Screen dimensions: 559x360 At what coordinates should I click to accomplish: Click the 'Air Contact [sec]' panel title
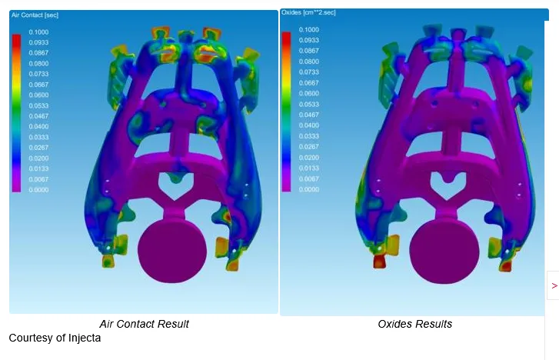tap(35, 15)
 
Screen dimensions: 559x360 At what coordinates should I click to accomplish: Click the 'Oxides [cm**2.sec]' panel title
tap(308, 12)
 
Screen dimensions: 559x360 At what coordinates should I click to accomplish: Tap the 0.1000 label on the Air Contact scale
tap(38, 32)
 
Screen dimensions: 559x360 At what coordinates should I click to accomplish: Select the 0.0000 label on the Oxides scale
tap(309, 189)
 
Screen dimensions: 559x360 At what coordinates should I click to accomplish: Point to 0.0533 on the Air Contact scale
tap(38, 105)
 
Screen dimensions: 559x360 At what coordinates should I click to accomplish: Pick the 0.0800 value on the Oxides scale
tap(309, 62)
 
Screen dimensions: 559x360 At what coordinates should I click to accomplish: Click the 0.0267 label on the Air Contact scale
tap(38, 148)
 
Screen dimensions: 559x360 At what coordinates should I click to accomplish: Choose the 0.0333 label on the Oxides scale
tap(309, 136)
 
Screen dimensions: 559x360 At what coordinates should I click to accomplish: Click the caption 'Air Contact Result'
tap(144, 324)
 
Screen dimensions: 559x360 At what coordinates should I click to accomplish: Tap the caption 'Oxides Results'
tap(415, 324)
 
